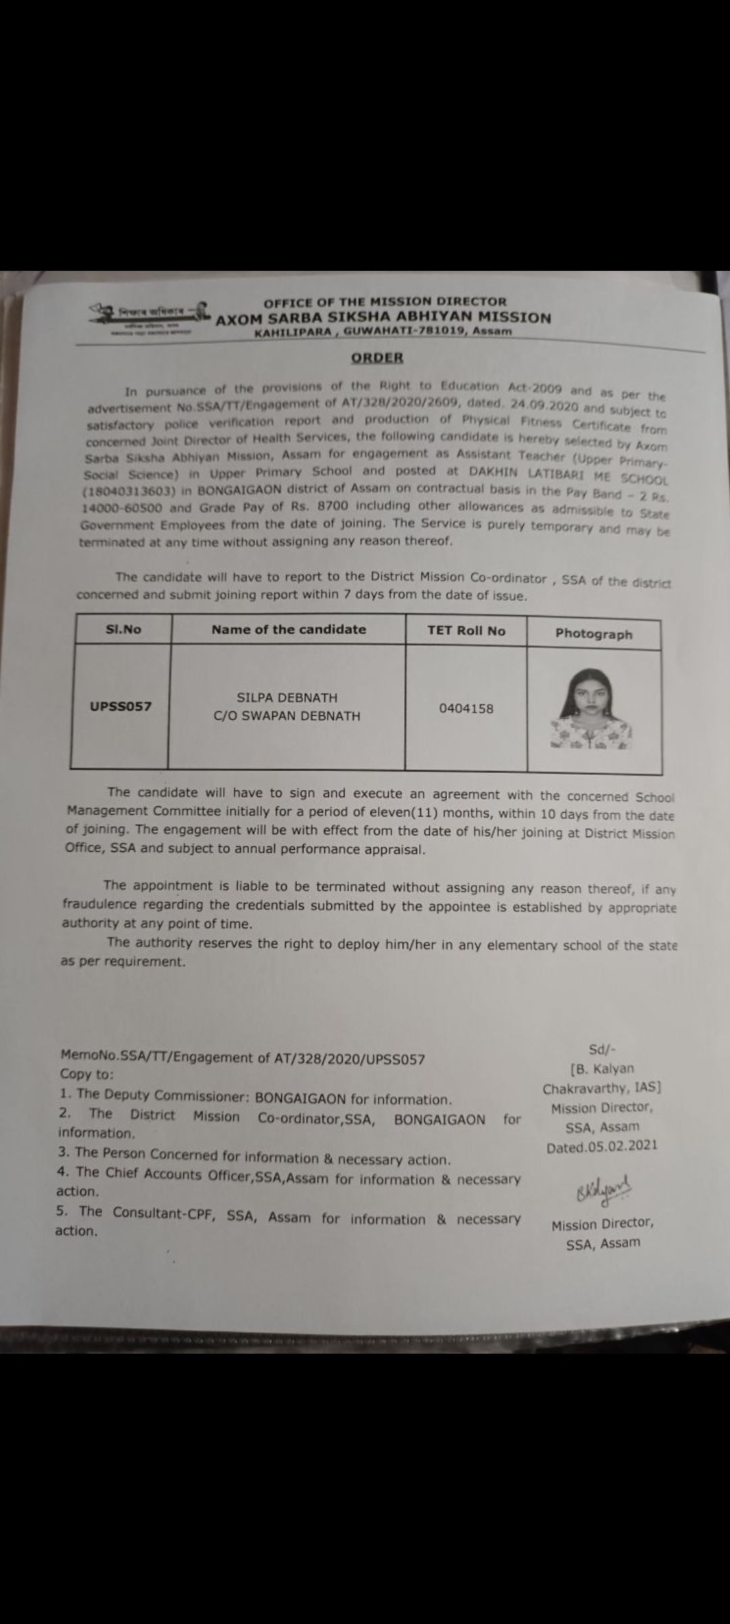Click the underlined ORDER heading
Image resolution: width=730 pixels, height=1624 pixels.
tap(377, 358)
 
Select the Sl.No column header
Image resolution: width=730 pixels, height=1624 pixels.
tap(124, 629)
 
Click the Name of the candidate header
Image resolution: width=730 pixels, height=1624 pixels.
tap(289, 630)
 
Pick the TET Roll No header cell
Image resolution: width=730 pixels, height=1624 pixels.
tap(466, 631)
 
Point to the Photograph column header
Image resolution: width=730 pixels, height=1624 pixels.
tap(593, 634)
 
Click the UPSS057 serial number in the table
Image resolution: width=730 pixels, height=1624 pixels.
tap(120, 707)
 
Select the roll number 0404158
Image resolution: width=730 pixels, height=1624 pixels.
tap(466, 709)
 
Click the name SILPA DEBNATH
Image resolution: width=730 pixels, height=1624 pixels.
tap(287, 698)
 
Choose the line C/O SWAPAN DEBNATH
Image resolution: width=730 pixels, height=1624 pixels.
tap(287, 716)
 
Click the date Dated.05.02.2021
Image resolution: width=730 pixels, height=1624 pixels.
tap(602, 1146)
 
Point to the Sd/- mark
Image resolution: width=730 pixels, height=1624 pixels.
tap(602, 1050)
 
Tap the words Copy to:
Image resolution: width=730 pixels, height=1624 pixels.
tap(87, 1074)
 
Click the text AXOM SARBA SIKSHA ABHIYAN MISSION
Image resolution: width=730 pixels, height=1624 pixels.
tap(383, 318)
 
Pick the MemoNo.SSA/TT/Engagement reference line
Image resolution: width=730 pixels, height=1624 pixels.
tap(243, 1057)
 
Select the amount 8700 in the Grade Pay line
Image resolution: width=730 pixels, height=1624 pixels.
tap(332, 506)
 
